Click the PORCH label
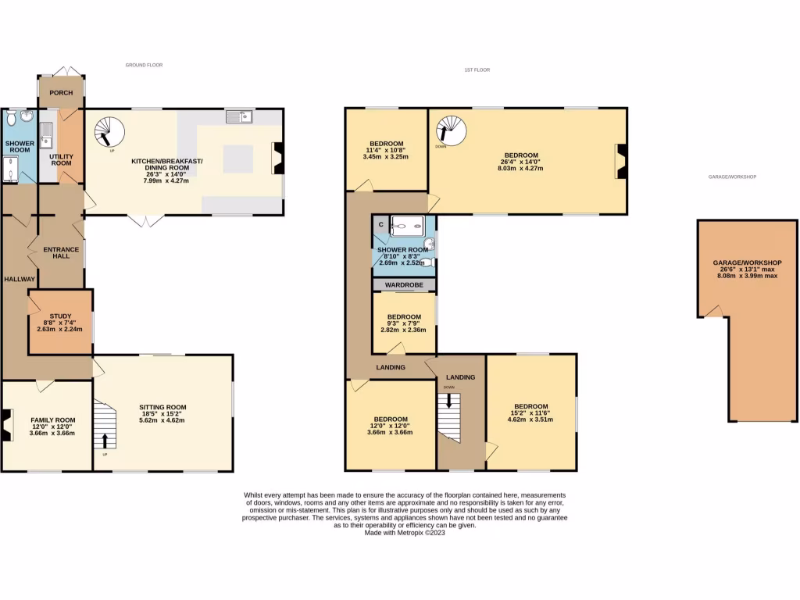61,93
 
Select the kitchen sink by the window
239,117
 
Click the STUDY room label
60,316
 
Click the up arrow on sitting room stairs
105,441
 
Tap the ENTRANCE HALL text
61,252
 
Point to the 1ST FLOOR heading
477,70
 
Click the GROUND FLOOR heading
144,65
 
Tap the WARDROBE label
404,285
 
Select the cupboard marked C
380,225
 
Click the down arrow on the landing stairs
448,401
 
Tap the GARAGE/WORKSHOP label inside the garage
747,262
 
